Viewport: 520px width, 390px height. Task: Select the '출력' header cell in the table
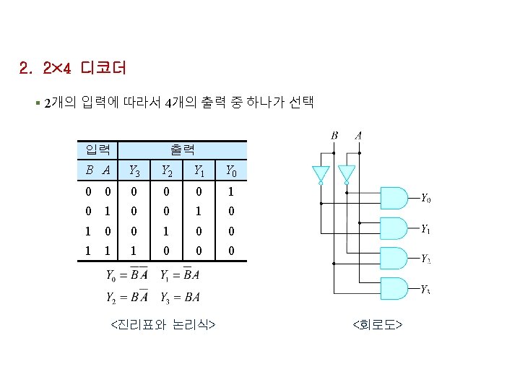click(183, 150)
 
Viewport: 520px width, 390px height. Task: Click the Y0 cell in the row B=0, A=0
click(230, 192)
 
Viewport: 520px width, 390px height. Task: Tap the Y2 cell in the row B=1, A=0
click(165, 233)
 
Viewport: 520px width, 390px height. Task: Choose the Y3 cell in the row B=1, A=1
click(134, 253)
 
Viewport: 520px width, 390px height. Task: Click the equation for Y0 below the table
click(127, 274)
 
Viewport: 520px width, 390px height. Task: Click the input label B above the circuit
click(334, 135)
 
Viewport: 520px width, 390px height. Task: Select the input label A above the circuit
click(359, 135)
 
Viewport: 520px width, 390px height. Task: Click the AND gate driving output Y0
click(394, 198)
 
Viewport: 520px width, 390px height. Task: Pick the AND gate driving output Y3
click(394, 290)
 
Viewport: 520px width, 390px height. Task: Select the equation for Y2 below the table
click(127, 296)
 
